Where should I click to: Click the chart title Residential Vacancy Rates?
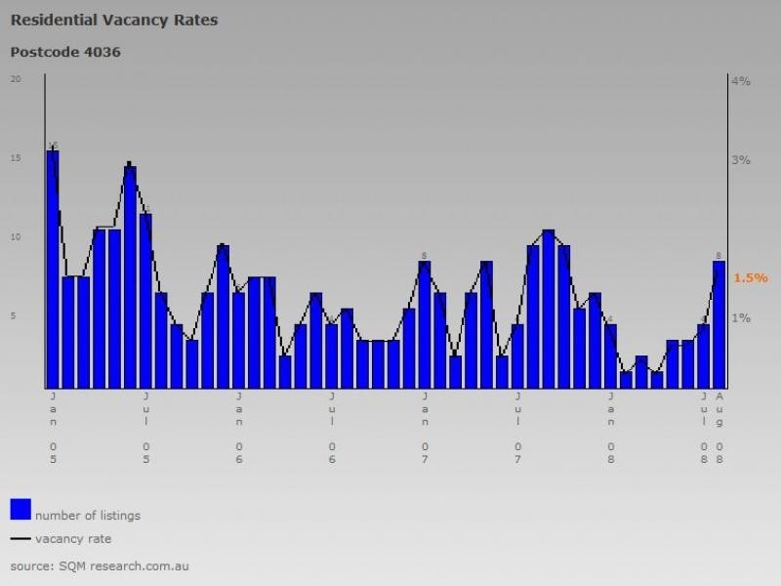(114, 20)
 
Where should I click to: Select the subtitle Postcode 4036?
(65, 52)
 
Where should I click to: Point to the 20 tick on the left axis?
(15, 79)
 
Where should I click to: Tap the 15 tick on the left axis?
(15, 158)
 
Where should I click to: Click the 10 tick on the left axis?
(15, 237)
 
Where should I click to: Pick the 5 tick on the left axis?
(15, 316)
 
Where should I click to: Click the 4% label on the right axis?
(741, 81)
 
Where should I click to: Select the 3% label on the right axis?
(741, 160)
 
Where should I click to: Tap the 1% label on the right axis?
(741, 318)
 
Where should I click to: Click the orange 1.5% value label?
(751, 278)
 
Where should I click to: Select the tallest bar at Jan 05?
(53, 269)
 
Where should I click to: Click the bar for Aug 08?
(719, 324)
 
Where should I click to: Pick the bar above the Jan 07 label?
(425, 324)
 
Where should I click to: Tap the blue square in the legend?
(21, 509)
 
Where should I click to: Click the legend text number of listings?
(88, 516)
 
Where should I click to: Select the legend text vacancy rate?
(73, 539)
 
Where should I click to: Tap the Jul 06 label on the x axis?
(332, 428)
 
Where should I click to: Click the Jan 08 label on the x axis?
(611, 428)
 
